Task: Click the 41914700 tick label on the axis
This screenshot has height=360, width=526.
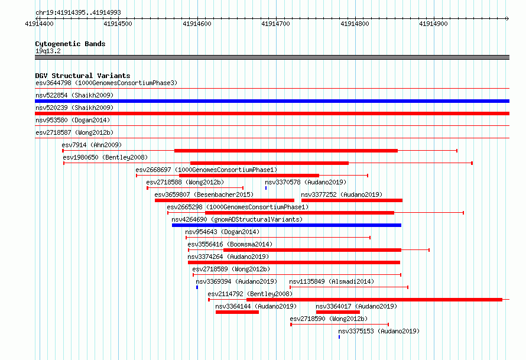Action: (x=275, y=24)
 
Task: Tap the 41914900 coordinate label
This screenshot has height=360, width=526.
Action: (x=433, y=24)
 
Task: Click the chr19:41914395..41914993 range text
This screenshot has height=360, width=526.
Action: (x=78, y=13)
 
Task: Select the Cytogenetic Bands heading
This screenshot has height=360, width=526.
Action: (x=70, y=44)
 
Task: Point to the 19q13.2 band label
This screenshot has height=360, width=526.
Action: (x=48, y=51)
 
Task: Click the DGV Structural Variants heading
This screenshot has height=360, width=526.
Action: (x=83, y=76)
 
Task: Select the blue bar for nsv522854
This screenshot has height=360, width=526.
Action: (x=272, y=101)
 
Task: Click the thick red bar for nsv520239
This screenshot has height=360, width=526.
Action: (x=272, y=113)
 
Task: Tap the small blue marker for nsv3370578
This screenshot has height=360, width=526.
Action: (x=266, y=188)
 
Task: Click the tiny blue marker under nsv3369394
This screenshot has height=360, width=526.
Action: (x=197, y=287)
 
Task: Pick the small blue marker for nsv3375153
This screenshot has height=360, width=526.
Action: (x=339, y=337)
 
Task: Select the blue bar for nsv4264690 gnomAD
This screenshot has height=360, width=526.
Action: (x=287, y=225)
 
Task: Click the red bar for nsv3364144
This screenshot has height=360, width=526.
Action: (x=237, y=312)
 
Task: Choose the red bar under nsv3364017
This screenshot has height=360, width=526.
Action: (x=338, y=312)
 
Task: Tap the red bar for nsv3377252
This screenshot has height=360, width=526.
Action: (x=352, y=200)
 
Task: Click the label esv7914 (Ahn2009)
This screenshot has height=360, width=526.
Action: (x=92, y=145)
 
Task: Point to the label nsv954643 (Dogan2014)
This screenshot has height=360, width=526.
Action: (x=222, y=232)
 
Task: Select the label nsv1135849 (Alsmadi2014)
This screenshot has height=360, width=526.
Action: (x=332, y=281)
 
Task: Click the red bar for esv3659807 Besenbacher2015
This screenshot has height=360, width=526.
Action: (x=225, y=200)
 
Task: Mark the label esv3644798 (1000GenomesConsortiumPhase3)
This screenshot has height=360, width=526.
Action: (x=106, y=83)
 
